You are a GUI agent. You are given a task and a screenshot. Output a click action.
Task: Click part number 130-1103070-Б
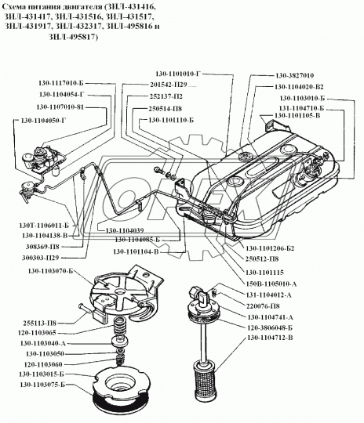(x=46, y=271)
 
